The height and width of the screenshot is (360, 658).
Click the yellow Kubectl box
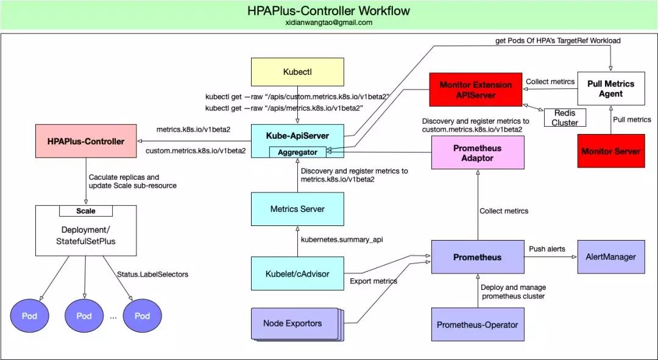click(297, 71)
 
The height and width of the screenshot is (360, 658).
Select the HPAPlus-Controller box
click(86, 141)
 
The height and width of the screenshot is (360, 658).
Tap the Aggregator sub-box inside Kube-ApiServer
click(297, 152)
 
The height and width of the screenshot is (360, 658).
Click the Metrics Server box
click(297, 209)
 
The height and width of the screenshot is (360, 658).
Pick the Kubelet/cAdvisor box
click(297, 274)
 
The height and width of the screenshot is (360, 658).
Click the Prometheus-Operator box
click(477, 325)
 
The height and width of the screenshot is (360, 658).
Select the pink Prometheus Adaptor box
click(477, 153)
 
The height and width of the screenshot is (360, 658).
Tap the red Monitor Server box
click(610, 151)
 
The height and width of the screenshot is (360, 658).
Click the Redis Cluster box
click(565, 118)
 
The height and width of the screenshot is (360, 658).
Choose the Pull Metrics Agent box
click(610, 88)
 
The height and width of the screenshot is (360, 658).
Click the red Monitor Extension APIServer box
click(476, 90)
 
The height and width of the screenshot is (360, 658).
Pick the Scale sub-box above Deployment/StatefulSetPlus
click(85, 211)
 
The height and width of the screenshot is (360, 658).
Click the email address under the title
click(328, 23)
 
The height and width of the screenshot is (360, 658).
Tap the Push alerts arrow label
click(547, 249)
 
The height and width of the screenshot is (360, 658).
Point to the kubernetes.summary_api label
click(342, 239)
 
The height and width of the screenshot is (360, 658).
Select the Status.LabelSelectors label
click(152, 274)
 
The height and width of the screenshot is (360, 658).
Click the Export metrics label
click(373, 281)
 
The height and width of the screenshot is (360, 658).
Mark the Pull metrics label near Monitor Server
click(632, 119)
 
